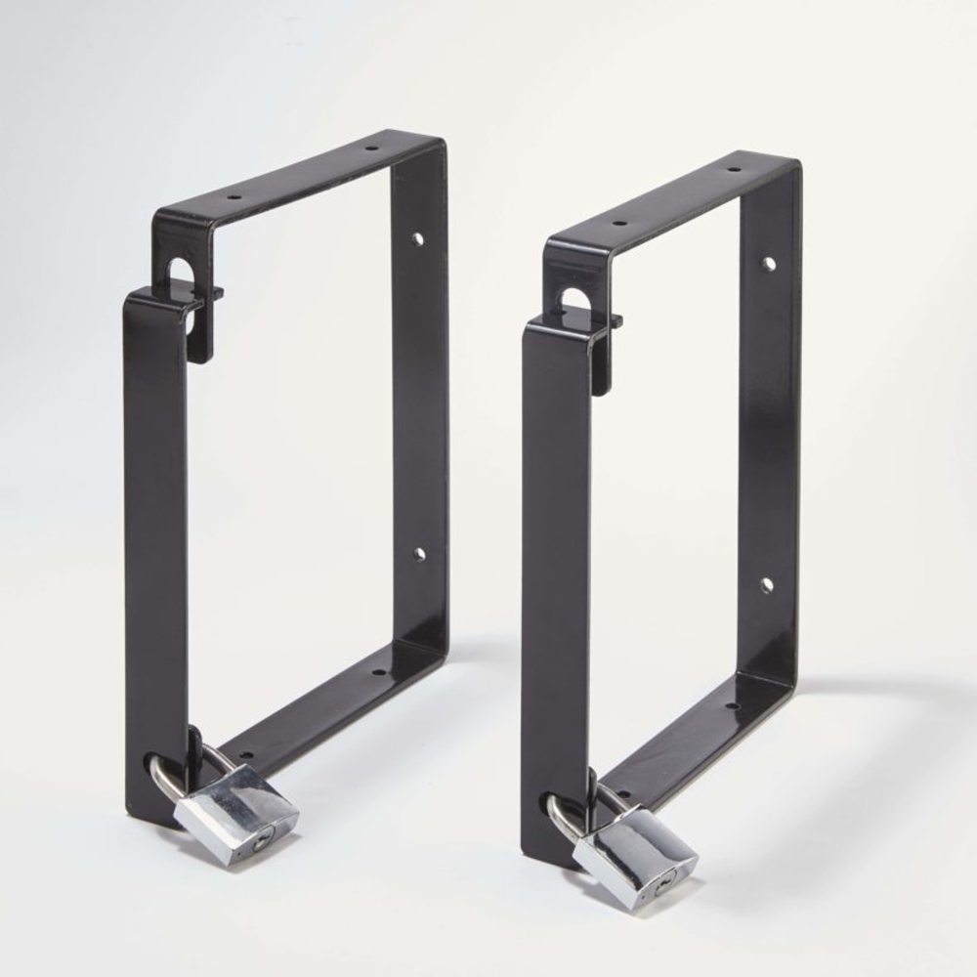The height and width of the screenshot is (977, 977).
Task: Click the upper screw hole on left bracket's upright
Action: tap(418, 237)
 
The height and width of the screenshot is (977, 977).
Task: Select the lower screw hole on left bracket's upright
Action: tap(418, 554)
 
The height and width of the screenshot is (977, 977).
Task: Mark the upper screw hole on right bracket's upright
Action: tap(769, 264)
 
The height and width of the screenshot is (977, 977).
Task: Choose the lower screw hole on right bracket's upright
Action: tap(767, 585)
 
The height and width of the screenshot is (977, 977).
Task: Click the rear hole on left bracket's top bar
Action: tap(371, 149)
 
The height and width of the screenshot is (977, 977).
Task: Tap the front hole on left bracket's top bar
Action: tap(234, 196)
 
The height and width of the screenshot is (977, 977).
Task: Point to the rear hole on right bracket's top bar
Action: tap(733, 170)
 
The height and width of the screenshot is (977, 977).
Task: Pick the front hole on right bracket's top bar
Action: tap(617, 223)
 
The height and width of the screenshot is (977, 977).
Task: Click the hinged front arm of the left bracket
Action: tap(156, 547)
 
